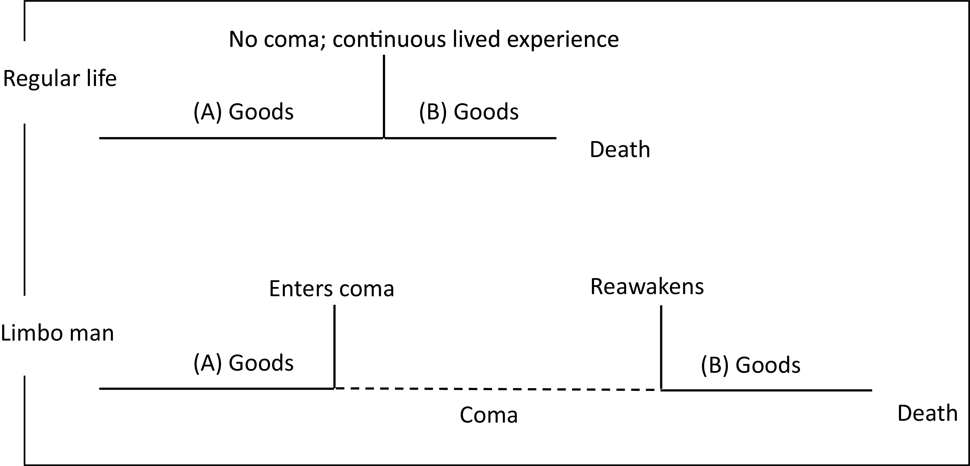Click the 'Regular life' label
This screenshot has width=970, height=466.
(x=60, y=79)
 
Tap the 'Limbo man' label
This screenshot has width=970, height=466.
(x=57, y=333)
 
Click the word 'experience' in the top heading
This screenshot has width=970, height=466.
(x=562, y=39)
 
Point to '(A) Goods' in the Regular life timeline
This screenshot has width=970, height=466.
(x=243, y=112)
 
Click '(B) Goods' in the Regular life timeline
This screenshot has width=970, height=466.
(x=469, y=112)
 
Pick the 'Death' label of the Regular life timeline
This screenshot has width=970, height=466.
(x=620, y=149)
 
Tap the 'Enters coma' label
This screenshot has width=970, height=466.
(x=331, y=289)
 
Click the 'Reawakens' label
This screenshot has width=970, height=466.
(x=647, y=287)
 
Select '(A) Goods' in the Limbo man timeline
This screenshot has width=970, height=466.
(x=243, y=363)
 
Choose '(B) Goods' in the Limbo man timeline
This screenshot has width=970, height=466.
(x=750, y=365)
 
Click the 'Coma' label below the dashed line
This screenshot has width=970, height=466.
(x=489, y=415)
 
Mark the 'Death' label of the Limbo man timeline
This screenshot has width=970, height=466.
(x=927, y=413)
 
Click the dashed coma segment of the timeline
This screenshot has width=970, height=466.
(x=497, y=389)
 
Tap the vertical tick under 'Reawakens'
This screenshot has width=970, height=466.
(x=661, y=347)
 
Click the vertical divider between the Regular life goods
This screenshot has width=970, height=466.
(x=384, y=96)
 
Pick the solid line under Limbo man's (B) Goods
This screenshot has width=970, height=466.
(x=766, y=390)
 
